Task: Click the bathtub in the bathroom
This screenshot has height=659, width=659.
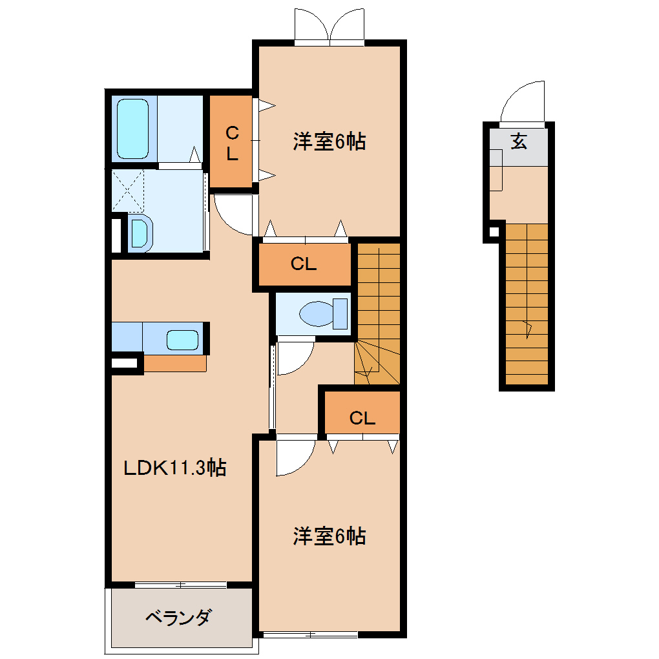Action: [x=132, y=129]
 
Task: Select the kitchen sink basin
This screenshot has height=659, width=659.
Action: [x=182, y=340]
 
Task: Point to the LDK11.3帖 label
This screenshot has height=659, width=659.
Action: [x=175, y=467]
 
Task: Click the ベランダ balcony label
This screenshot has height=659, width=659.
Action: [x=178, y=618]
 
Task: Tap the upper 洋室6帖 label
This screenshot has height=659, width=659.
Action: [x=329, y=141]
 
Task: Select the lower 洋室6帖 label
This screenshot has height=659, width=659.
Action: [x=329, y=536]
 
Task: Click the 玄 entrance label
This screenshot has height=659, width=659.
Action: [x=519, y=141]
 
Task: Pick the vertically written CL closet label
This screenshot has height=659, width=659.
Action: [x=232, y=143]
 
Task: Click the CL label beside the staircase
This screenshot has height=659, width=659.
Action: [x=304, y=264]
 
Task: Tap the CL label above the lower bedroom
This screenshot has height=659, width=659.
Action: [x=362, y=418]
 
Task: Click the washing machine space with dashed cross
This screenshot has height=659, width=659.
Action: [x=128, y=191]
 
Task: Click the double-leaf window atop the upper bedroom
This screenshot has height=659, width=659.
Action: [x=329, y=25]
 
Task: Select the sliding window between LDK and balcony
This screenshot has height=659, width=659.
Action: [x=181, y=585]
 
